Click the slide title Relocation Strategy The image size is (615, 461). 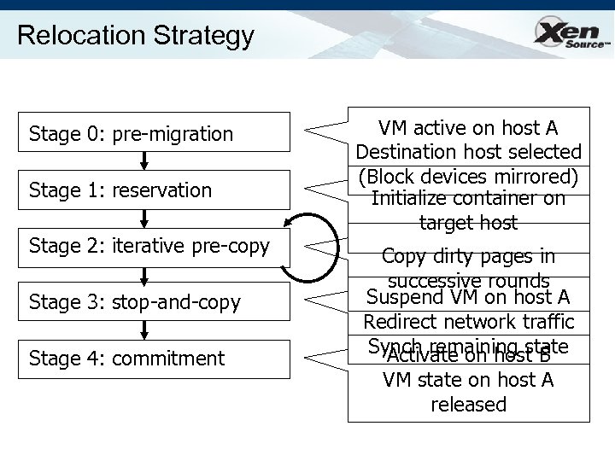tap(135, 36)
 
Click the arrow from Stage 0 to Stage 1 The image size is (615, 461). tap(144, 160)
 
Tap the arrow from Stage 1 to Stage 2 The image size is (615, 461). tap(144, 218)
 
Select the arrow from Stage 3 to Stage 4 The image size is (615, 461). tap(144, 330)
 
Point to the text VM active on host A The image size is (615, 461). tap(468, 128)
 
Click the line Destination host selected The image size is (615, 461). tap(468, 153)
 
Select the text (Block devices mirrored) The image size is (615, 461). tap(468, 177)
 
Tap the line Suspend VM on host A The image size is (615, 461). tap(468, 297)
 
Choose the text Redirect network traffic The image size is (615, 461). tap(468, 322)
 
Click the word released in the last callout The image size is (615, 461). tap(468, 404)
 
